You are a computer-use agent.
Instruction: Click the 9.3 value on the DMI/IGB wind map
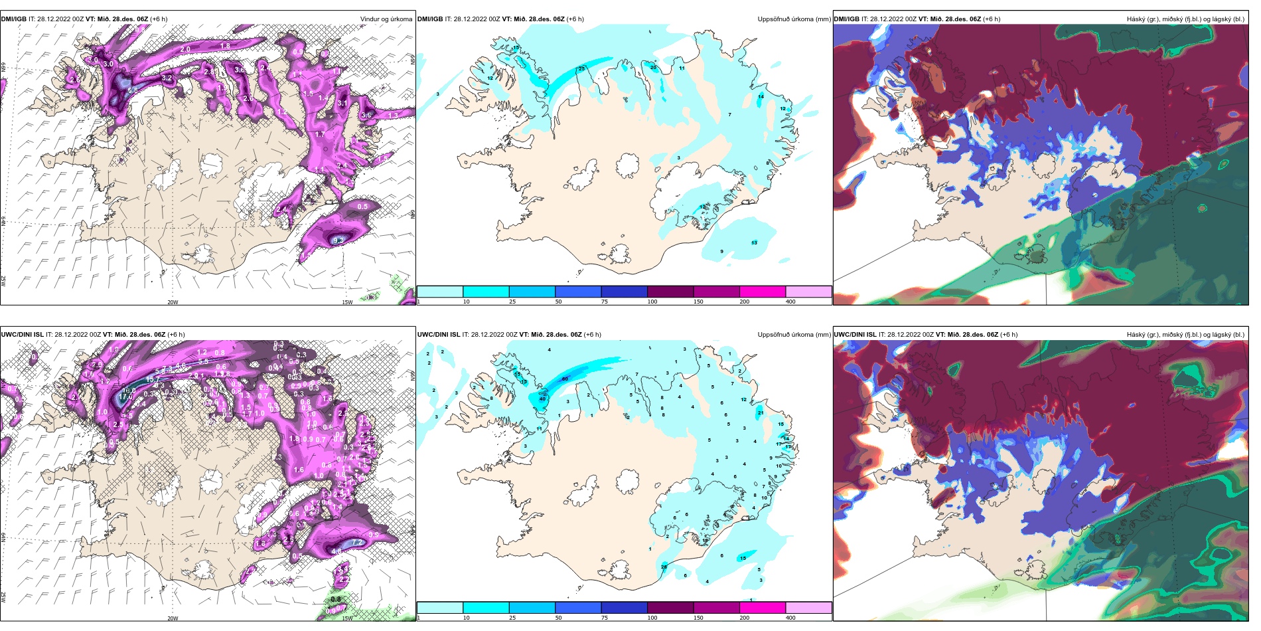coord(338,240)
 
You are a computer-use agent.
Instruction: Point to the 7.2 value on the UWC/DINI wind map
coord(356,543)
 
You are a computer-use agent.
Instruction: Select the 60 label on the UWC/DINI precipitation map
coord(565,379)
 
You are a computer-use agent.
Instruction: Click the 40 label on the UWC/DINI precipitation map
coord(542,399)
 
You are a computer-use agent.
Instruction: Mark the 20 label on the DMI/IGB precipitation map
coord(653,67)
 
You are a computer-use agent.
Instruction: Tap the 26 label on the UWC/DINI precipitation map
coord(664,567)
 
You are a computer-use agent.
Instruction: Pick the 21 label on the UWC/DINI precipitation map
coord(761,412)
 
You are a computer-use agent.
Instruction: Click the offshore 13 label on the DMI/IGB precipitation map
coord(754,243)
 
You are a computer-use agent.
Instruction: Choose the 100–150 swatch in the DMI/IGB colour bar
coord(670,292)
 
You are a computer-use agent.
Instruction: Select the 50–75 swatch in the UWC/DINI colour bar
coord(577,608)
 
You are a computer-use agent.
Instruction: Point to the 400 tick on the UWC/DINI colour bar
coord(790,618)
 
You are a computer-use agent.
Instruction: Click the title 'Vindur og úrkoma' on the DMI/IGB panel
coord(386,19)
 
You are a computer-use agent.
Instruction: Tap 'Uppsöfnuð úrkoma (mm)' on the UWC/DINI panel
coord(794,335)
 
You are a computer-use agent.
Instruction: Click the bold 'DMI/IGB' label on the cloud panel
coord(846,19)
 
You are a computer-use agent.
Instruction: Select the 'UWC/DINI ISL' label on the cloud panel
coord(855,335)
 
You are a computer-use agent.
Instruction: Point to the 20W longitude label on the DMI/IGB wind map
coord(173,302)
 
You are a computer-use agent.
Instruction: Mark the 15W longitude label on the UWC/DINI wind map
coord(347,618)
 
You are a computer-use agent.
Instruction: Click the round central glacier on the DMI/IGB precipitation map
coord(627,164)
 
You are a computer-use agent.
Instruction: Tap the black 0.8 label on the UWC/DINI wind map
coord(336,599)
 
